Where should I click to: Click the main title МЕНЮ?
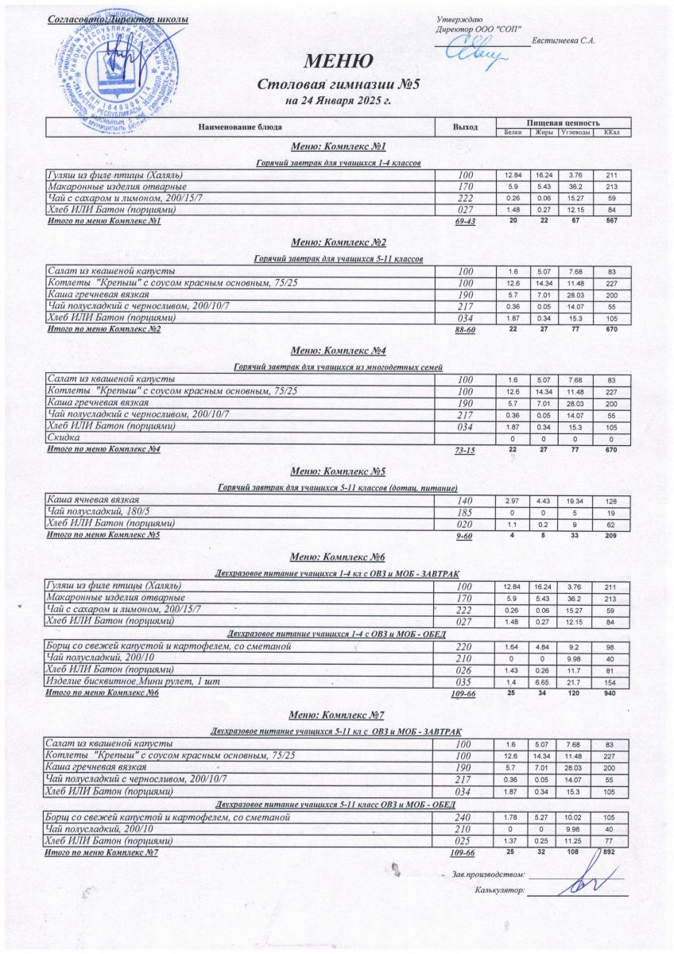click(337, 61)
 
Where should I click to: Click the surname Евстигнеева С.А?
click(565, 41)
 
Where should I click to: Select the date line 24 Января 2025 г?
click(337, 101)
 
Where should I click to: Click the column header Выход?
click(465, 126)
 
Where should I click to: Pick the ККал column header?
click(611, 132)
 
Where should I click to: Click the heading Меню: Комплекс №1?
click(338, 147)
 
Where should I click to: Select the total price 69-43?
click(464, 222)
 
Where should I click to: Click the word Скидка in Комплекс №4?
click(64, 438)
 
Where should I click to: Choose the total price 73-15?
click(464, 451)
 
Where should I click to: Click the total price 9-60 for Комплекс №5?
click(464, 537)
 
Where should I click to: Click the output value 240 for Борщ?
click(464, 816)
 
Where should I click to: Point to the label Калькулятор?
click(498, 891)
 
